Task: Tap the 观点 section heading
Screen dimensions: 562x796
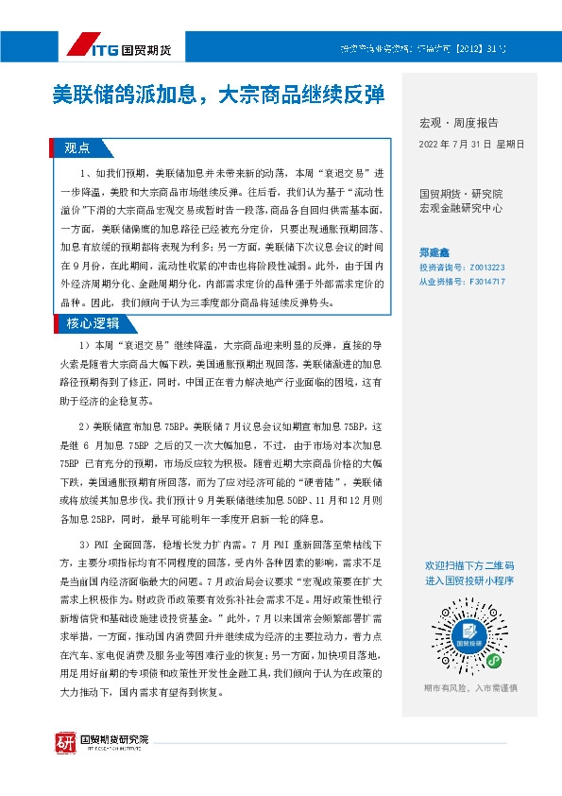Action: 77,147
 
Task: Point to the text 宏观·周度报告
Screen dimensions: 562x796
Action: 457,123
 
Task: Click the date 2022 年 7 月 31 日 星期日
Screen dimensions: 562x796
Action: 470,145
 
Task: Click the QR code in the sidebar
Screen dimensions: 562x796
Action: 469,621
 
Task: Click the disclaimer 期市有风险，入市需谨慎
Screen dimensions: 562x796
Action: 469,687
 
